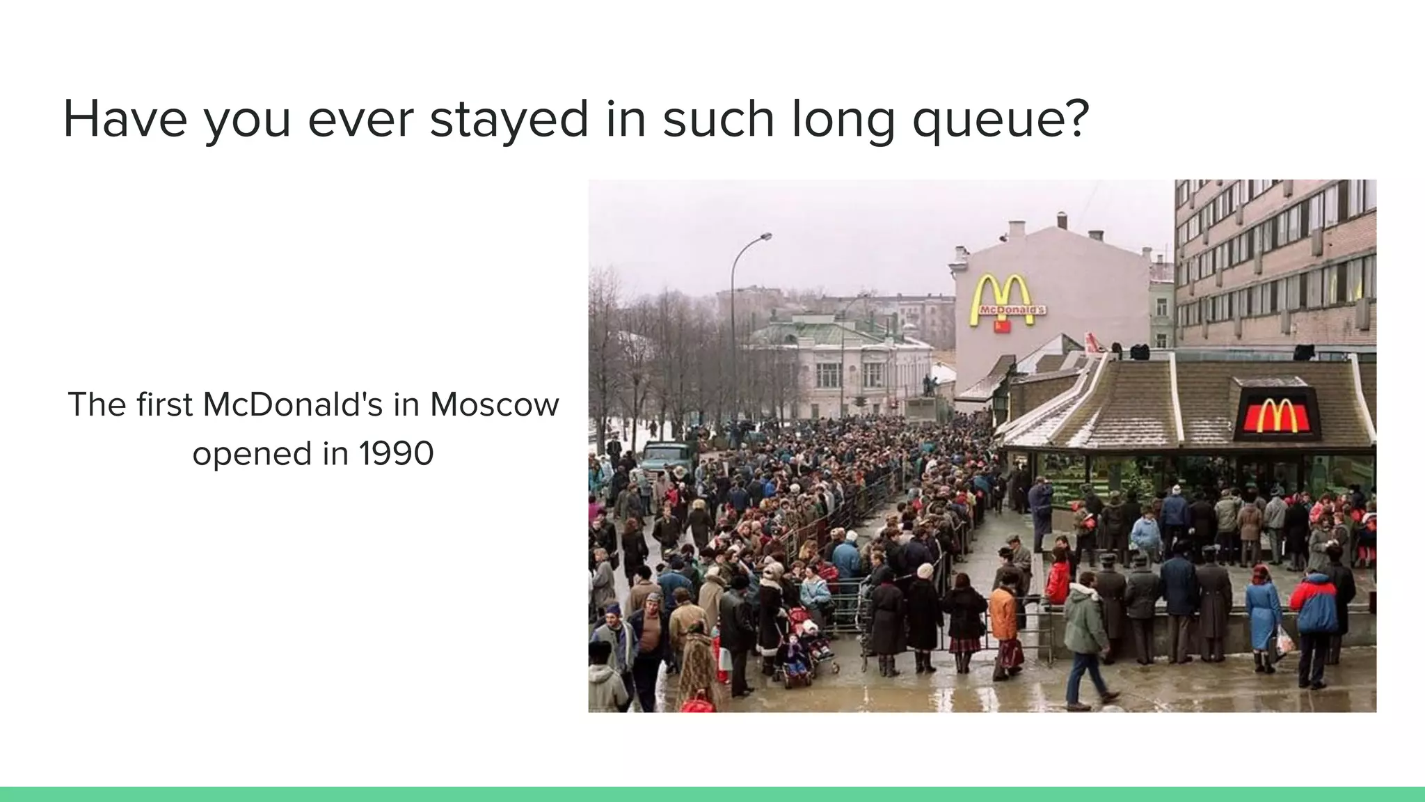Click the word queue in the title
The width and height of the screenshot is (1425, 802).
pos(1000,120)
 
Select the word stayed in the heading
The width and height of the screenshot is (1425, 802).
pos(509,120)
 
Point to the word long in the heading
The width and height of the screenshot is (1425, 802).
pos(843,120)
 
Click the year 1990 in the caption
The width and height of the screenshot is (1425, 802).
pos(397,454)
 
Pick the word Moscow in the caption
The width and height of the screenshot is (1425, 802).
pos(494,404)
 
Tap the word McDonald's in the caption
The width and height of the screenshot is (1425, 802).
pos(293,404)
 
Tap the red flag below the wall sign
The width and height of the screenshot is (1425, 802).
pos(1002,327)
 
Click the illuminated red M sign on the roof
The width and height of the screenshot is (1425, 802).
pos(1277,416)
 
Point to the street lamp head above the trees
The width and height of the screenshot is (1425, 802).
pos(765,237)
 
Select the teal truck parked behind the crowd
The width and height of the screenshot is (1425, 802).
pos(666,456)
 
